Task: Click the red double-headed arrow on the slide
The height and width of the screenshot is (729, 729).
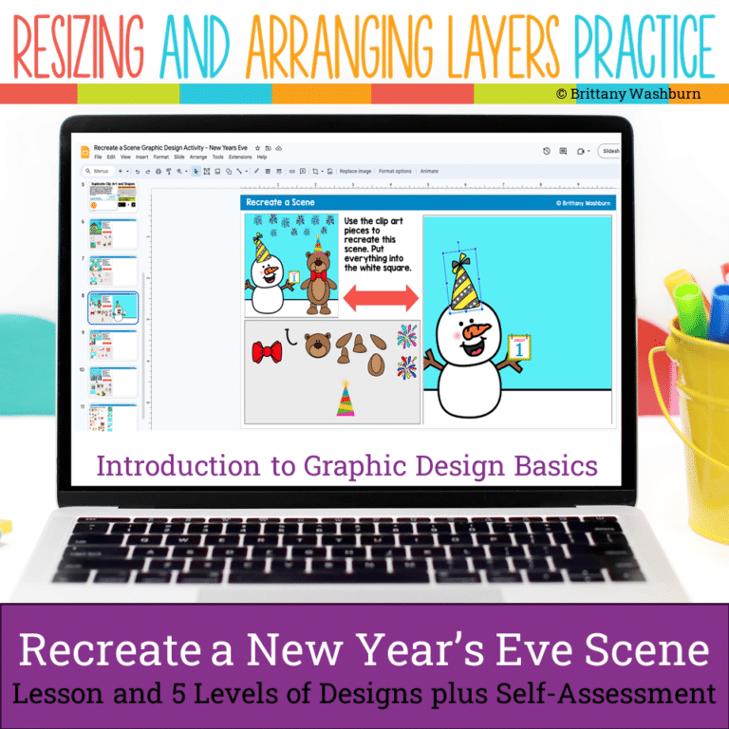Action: pyautogui.click(x=380, y=298)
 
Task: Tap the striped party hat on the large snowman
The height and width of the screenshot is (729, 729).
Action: pyautogui.click(x=470, y=280)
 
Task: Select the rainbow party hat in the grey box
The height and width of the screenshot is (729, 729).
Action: pyautogui.click(x=346, y=399)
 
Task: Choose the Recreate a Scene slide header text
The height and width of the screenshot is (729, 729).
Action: pyautogui.click(x=280, y=202)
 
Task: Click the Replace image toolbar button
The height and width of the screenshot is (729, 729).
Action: pyautogui.click(x=355, y=171)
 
